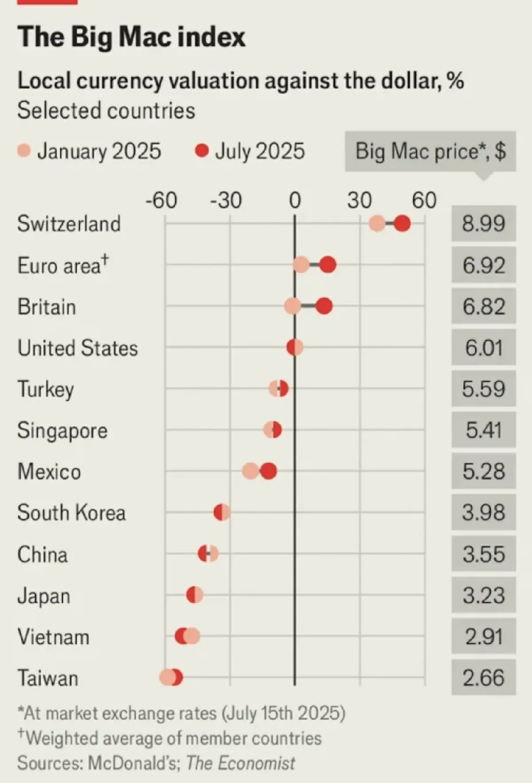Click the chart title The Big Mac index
(x=131, y=37)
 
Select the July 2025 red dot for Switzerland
(x=402, y=224)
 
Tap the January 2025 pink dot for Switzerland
(x=377, y=224)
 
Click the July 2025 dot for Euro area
(x=328, y=265)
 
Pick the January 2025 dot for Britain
(x=293, y=306)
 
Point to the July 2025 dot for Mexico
(x=268, y=471)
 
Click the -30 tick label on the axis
(x=226, y=201)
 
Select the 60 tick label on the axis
(x=424, y=201)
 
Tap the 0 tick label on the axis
(x=295, y=201)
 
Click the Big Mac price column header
(x=430, y=151)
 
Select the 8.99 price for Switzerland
(x=484, y=224)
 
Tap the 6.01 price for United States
(x=484, y=348)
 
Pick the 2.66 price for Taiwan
(x=484, y=678)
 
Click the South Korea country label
(x=71, y=513)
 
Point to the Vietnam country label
(x=53, y=637)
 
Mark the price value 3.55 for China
(x=484, y=554)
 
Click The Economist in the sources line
(x=240, y=763)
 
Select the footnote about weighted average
(x=169, y=738)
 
